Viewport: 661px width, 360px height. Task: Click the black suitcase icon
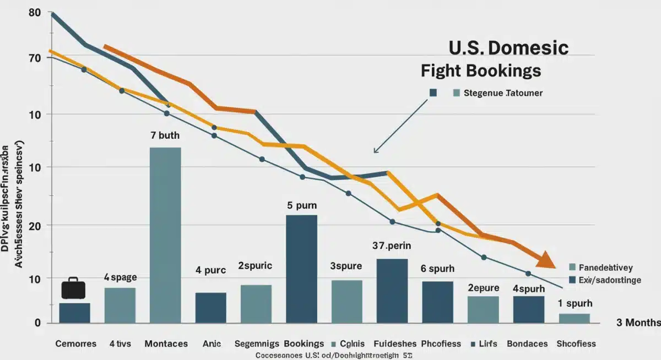pyautogui.click(x=73, y=288)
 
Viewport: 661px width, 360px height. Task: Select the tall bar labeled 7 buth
pyautogui.click(x=165, y=235)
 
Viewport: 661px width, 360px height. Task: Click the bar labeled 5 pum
pyautogui.click(x=301, y=269)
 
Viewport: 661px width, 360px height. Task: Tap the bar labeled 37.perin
pyautogui.click(x=392, y=291)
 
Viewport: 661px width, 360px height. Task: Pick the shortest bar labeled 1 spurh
pyautogui.click(x=574, y=318)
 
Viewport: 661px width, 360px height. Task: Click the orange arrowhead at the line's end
pyautogui.click(x=546, y=260)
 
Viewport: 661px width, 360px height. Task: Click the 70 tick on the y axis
pyautogui.click(x=34, y=58)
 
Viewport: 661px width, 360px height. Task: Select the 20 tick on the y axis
pyautogui.click(x=34, y=225)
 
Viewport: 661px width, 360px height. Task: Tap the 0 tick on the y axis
pyautogui.click(x=37, y=323)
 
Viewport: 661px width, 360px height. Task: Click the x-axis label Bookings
pyautogui.click(x=304, y=343)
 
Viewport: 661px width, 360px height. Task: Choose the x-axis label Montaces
pyautogui.click(x=166, y=343)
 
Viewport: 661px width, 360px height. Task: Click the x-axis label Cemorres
pyautogui.click(x=75, y=343)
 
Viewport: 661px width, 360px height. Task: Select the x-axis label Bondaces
pyautogui.click(x=527, y=343)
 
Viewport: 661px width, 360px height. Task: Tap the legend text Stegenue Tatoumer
pyautogui.click(x=503, y=93)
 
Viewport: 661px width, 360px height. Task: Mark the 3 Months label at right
pyautogui.click(x=638, y=323)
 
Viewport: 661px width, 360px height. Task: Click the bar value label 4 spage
pyautogui.click(x=120, y=277)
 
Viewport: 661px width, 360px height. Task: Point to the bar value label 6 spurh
pyautogui.click(x=437, y=269)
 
